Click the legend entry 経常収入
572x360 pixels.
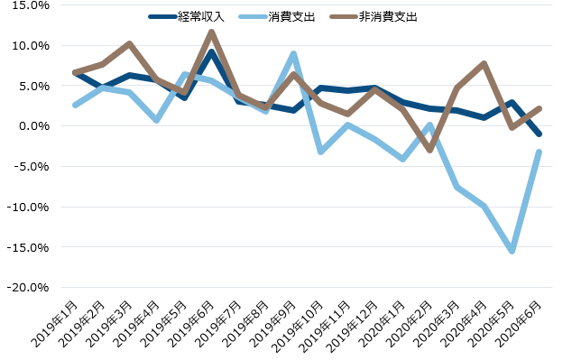(203, 17)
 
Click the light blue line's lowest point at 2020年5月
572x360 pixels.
(512, 251)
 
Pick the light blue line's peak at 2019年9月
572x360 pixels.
(293, 54)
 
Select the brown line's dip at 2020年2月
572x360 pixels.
(430, 150)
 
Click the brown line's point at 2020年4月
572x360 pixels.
(485, 64)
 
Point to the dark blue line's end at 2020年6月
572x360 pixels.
(540, 134)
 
